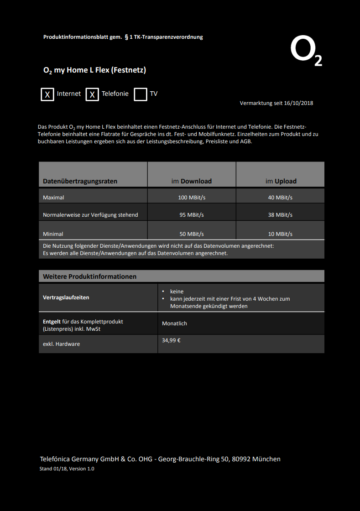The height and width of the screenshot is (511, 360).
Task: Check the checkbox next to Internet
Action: [47, 94]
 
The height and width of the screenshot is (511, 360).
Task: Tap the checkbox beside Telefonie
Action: [92, 94]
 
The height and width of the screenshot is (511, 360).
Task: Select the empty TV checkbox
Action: [141, 94]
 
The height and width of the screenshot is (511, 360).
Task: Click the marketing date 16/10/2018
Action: [298, 103]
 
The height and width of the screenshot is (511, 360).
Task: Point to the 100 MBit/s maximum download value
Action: [191, 198]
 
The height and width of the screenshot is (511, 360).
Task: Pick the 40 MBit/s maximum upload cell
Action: [280, 198]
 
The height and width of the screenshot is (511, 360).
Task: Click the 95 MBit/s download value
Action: [191, 215]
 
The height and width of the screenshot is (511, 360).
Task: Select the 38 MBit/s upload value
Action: [280, 215]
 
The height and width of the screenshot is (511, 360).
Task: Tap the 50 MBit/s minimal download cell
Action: [191, 234]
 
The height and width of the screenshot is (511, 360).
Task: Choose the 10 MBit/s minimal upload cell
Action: [280, 234]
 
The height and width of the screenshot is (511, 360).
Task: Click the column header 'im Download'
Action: [191, 181]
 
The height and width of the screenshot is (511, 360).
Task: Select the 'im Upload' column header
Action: [281, 181]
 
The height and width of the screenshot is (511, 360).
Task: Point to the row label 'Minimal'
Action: [53, 234]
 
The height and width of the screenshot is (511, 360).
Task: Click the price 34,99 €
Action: [171, 340]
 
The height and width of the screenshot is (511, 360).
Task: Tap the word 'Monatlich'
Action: [174, 323]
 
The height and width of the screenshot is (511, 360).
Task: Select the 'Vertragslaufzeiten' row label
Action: [66, 297]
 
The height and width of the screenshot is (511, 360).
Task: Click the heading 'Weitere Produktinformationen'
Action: [89, 276]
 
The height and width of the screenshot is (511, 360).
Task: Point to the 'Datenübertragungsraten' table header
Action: [80, 181]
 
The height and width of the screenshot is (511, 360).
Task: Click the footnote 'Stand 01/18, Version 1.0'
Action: [67, 469]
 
